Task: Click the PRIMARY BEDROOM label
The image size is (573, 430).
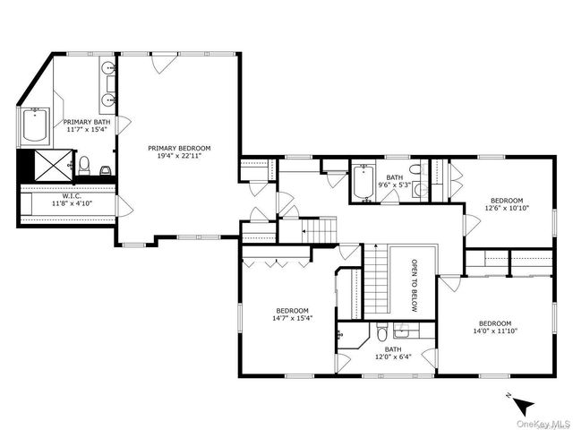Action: pyautogui.click(x=179, y=147)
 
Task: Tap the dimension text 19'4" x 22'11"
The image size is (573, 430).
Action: pyautogui.click(x=179, y=156)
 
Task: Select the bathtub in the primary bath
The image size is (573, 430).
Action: pyautogui.click(x=36, y=126)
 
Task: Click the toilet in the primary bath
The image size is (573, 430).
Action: pyautogui.click(x=84, y=165)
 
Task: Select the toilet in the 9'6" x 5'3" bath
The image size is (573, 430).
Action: pyautogui.click(x=415, y=169)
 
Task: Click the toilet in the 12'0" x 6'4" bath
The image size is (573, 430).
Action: pyautogui.click(x=382, y=330)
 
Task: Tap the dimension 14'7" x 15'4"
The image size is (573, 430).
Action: pyautogui.click(x=294, y=316)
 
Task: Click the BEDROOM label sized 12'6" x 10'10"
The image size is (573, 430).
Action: pyautogui.click(x=506, y=200)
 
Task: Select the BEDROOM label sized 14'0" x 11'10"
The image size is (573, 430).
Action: pyautogui.click(x=494, y=323)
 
